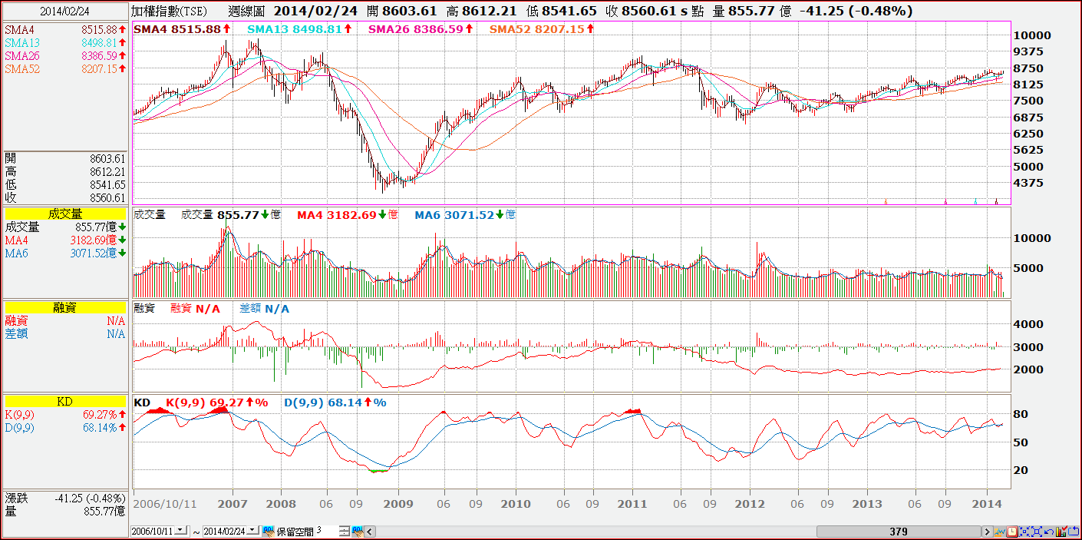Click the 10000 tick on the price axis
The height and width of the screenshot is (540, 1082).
[x=1031, y=35]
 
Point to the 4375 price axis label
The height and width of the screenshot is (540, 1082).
[x=1028, y=183]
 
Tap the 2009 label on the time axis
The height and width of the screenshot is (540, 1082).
[x=398, y=504]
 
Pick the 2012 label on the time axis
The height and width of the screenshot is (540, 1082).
[x=750, y=504]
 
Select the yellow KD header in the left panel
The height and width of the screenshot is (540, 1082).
[x=64, y=402]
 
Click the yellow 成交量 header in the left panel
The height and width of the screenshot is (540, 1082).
[x=64, y=214]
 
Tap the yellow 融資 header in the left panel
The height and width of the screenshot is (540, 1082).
[x=64, y=307]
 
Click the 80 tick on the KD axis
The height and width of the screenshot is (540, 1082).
[x=1020, y=415]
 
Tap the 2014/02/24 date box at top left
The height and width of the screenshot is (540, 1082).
[x=64, y=12]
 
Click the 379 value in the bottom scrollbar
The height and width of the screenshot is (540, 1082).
[x=899, y=531]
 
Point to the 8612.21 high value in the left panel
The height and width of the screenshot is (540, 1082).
[x=107, y=171]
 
